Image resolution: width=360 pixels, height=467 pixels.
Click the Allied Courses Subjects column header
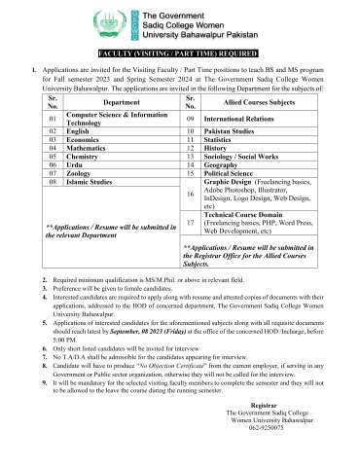(x=253, y=101)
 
